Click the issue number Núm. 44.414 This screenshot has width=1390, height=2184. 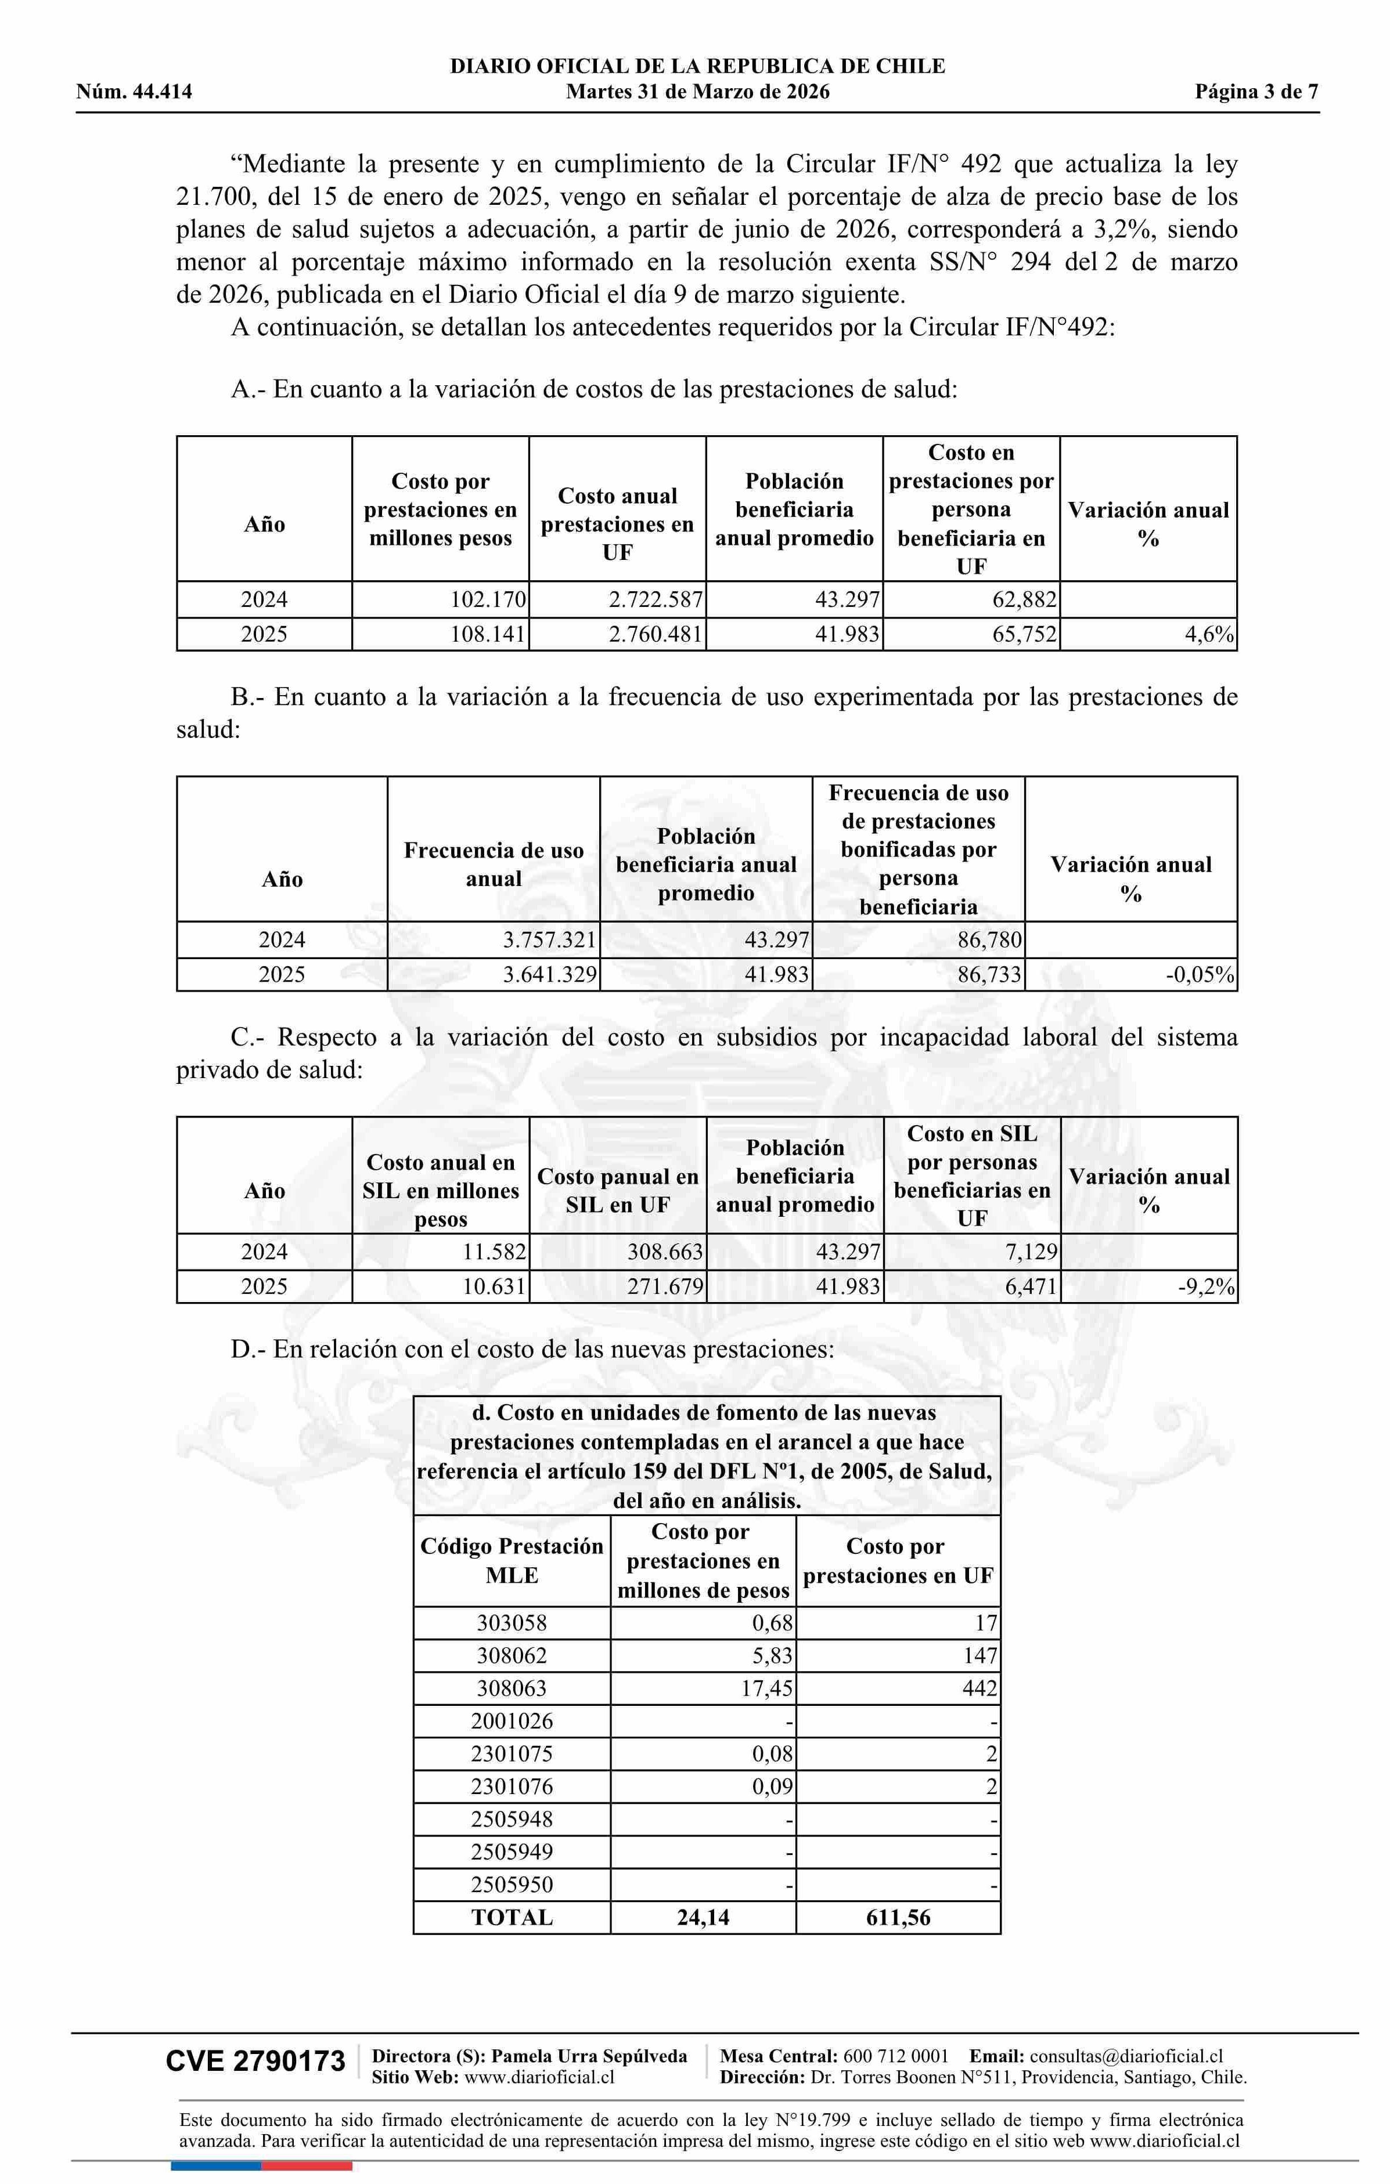[x=134, y=92]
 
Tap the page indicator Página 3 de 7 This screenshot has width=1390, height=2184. [x=1256, y=92]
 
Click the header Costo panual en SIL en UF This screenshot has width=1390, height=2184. [x=618, y=1191]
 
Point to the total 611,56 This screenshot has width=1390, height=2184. [x=898, y=1917]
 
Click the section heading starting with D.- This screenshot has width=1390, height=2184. [x=532, y=1350]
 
